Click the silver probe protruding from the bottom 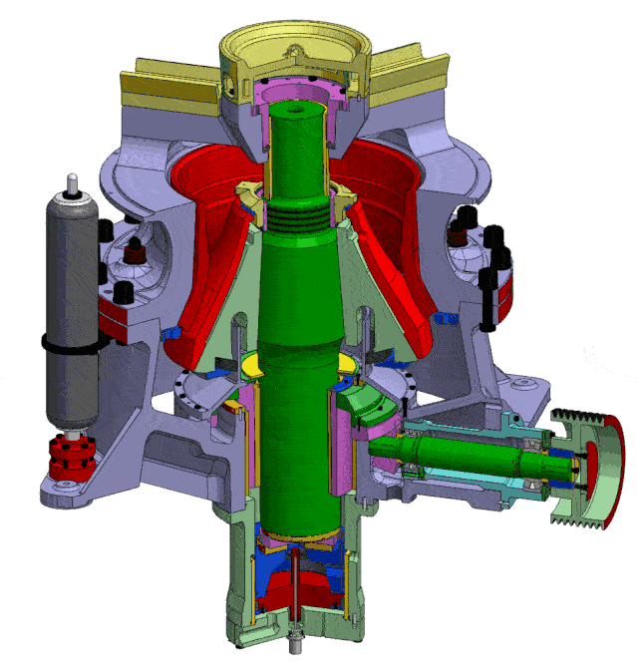296,642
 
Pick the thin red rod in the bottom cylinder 296,588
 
